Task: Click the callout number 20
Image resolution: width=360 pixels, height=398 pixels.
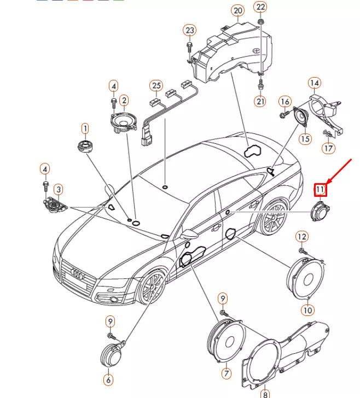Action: tap(237, 10)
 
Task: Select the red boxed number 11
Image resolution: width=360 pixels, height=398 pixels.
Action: tap(320, 190)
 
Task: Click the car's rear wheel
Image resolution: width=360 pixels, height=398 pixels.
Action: tap(272, 218)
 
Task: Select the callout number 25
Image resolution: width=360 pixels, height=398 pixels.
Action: tap(156, 86)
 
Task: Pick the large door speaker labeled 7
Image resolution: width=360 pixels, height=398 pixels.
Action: tap(225, 342)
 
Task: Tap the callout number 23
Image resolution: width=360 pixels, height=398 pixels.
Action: tap(189, 30)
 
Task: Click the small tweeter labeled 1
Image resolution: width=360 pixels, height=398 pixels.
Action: tap(85, 148)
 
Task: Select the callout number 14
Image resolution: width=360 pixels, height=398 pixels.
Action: tap(313, 83)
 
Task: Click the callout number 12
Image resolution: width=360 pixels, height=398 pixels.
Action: tap(301, 236)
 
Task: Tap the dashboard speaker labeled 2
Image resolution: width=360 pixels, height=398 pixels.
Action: tap(123, 121)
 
